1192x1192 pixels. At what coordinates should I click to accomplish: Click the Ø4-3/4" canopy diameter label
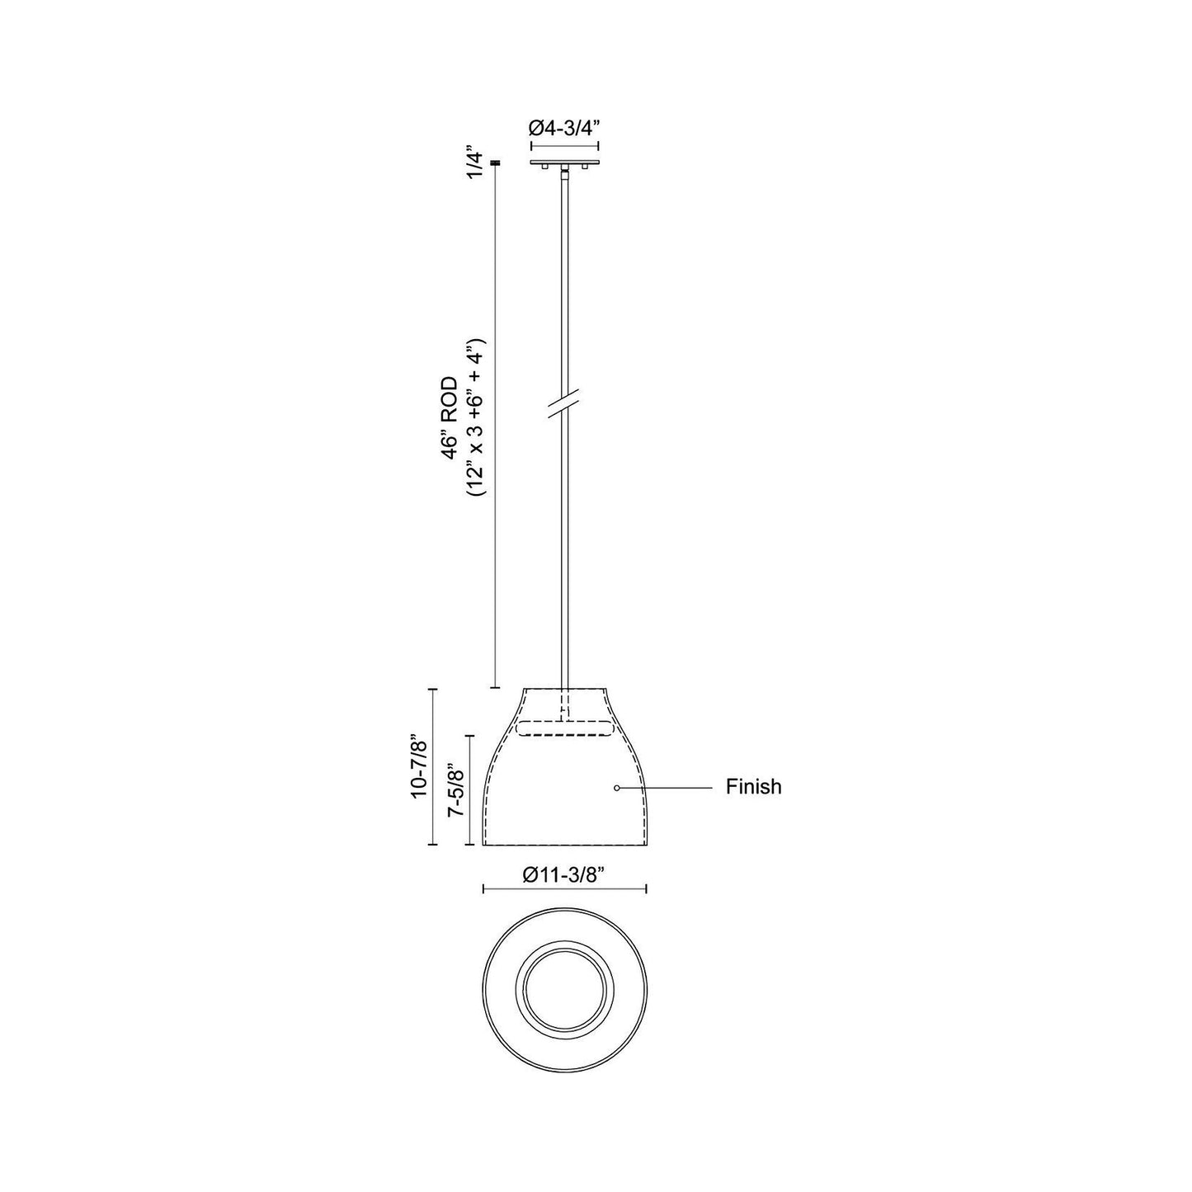(564, 128)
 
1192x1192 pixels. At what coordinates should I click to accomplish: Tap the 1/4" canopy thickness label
(473, 164)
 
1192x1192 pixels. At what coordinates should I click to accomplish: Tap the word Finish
(753, 787)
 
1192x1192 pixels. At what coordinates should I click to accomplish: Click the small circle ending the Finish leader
(616, 789)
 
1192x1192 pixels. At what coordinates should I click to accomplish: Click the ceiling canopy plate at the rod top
(564, 162)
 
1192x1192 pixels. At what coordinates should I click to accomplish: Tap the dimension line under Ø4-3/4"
(564, 144)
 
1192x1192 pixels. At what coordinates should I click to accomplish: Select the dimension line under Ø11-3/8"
(564, 888)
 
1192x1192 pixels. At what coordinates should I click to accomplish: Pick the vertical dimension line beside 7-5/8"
(470, 790)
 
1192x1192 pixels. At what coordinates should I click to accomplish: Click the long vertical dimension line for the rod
(495, 429)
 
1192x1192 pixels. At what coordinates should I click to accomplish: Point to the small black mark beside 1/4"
(495, 163)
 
